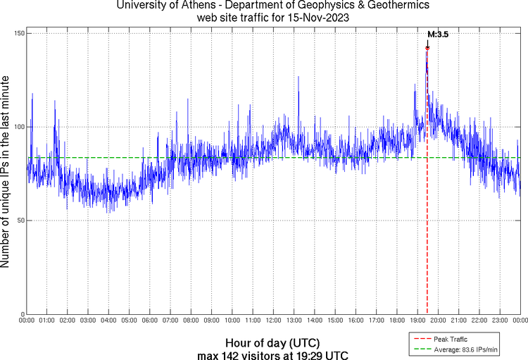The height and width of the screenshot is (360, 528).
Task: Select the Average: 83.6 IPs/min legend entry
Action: point(467,349)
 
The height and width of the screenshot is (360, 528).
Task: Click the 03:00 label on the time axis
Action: point(88,321)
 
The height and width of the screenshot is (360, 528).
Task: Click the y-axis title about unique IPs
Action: point(6,173)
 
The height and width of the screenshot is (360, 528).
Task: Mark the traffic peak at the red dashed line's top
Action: point(427,49)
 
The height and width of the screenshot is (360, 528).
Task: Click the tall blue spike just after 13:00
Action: point(298,77)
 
